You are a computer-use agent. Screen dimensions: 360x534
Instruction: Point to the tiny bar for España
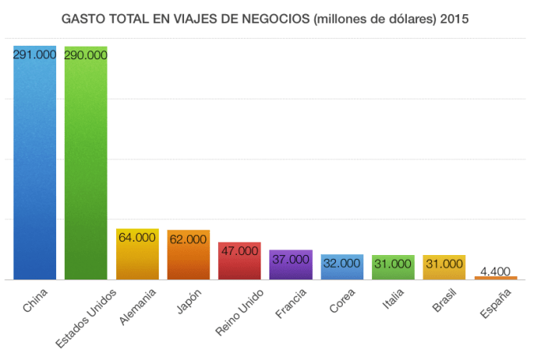click(x=496, y=278)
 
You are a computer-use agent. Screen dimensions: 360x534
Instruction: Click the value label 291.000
click(x=35, y=54)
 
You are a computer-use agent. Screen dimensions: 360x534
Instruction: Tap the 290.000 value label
click(x=86, y=55)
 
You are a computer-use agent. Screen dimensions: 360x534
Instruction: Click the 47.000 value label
click(x=239, y=251)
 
